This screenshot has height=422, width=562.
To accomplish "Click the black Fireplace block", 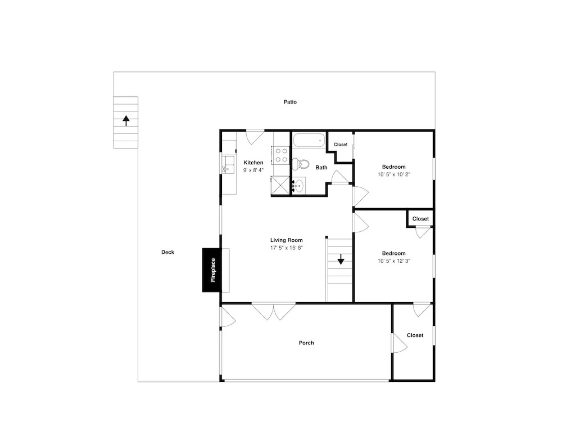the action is coord(211,270).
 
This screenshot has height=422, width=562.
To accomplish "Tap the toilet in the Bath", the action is coord(301,164).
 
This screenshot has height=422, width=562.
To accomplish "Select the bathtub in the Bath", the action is coord(309,140).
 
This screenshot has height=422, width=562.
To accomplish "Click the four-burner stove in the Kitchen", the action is coord(281,155).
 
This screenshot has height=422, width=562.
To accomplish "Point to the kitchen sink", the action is coord(228,165).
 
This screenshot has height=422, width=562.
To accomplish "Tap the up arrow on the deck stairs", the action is coord(126,120).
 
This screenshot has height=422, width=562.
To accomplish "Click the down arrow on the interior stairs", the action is coord(341,259).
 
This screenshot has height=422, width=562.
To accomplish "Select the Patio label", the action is coord(291,102).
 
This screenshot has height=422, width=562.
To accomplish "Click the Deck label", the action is coord(167,252).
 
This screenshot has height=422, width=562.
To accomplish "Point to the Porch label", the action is coord(306,343).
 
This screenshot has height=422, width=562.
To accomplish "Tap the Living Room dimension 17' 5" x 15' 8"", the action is coord(287,248).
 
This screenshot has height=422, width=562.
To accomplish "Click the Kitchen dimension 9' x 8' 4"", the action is coord(253,170).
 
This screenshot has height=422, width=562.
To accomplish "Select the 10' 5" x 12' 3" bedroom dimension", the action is coord(393,261).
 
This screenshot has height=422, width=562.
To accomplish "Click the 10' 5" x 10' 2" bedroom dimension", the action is coord(393,174).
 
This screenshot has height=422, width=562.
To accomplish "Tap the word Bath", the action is coord(321,168).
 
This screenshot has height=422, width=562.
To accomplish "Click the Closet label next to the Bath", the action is coord(341,145).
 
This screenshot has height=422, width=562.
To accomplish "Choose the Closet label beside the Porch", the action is coord(415,335).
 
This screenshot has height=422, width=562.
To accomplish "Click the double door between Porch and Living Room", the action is coord(274,311).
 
